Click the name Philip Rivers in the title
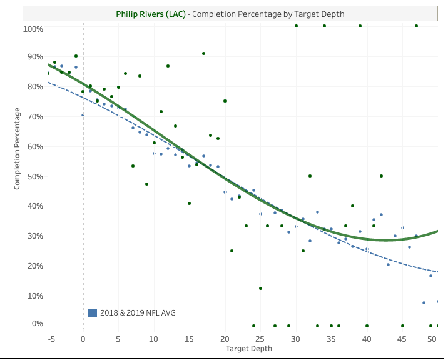point(141,14)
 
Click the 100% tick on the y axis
point(33,29)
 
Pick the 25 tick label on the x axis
point(260,339)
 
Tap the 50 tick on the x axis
point(432,339)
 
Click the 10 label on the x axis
point(154,339)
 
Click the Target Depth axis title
point(248,349)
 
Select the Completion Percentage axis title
point(18,149)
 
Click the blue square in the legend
point(93,312)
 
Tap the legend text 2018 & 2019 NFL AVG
point(138,312)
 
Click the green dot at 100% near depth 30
point(296,26)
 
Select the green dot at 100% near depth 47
point(416,26)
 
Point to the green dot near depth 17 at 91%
point(203,54)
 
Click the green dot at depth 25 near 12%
point(260,288)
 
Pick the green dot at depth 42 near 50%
point(381,176)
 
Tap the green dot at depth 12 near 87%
point(168,66)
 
